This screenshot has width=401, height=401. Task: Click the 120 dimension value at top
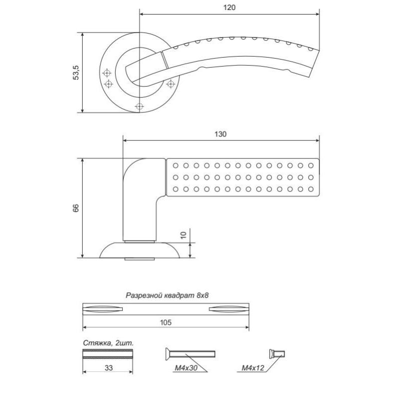click(229, 8)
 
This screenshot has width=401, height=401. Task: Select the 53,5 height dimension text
click(76, 73)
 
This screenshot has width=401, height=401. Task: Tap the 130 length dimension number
click(221, 134)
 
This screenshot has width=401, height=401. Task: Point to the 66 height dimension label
click(76, 208)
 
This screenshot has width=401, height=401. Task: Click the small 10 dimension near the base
click(183, 235)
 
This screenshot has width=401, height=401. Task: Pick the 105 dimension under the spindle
click(166, 322)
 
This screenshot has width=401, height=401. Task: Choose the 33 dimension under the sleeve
click(108, 368)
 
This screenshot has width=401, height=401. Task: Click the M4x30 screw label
click(186, 368)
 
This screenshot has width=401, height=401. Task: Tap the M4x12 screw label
click(253, 368)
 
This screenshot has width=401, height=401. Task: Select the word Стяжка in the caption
click(97, 343)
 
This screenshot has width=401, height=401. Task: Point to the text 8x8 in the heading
click(203, 296)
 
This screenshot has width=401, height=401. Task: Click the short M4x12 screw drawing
click(277, 354)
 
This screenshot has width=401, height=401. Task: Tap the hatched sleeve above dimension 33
click(108, 354)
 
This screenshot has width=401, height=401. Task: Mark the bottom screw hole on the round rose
click(139, 106)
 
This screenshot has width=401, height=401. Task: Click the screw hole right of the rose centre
click(170, 84)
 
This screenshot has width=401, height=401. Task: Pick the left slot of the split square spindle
click(103, 309)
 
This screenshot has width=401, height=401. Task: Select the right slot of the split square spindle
click(229, 309)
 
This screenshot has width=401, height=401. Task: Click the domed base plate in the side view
click(140, 250)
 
